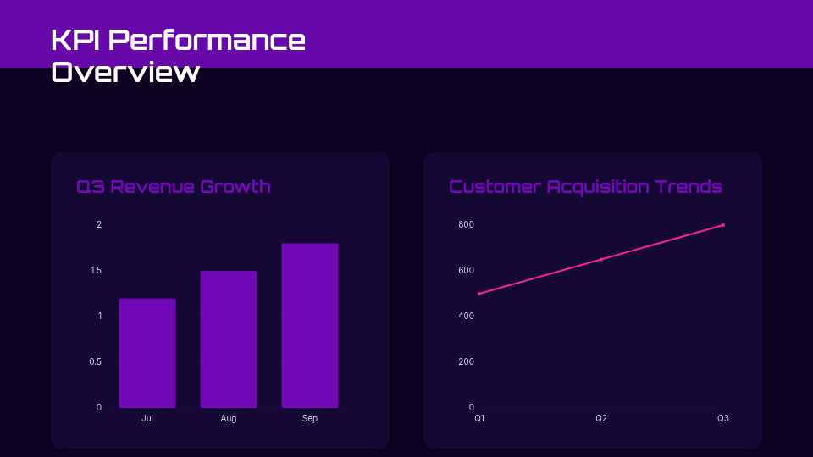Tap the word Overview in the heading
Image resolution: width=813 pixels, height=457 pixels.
tap(125, 72)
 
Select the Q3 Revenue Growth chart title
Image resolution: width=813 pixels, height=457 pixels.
tap(174, 186)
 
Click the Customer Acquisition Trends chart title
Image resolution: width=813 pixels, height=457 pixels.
tap(585, 186)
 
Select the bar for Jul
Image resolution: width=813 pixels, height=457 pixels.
tap(147, 353)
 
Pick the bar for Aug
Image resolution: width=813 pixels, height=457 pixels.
tap(229, 339)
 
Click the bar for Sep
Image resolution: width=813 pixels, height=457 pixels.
tap(310, 326)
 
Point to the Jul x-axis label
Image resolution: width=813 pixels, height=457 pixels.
tap(147, 419)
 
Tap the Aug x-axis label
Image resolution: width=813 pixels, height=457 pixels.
tap(229, 419)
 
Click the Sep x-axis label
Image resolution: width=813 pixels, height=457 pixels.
tap(310, 419)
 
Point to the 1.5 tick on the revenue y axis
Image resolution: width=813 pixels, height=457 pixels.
tap(96, 271)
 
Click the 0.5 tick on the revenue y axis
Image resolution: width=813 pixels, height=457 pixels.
tap(96, 362)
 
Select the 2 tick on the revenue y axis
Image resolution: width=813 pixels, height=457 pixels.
tap(99, 225)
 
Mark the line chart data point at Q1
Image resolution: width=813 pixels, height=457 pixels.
tap(479, 294)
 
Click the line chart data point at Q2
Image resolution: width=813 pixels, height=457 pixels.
tap(601, 259)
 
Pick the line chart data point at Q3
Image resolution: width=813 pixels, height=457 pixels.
tap(723, 225)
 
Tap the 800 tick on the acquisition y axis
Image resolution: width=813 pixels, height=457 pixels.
tap(467, 225)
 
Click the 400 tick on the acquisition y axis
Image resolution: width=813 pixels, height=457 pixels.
tap(467, 317)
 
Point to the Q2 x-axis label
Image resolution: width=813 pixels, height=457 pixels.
tap(601, 419)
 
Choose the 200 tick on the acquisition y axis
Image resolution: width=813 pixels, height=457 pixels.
tap(467, 362)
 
